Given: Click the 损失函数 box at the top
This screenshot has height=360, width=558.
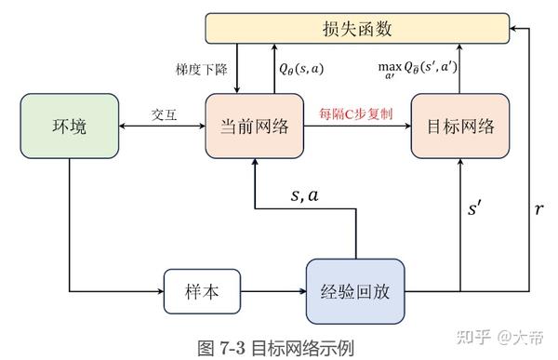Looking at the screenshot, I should pyautogui.click(x=356, y=29).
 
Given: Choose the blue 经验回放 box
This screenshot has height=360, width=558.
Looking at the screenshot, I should pyautogui.click(x=357, y=290).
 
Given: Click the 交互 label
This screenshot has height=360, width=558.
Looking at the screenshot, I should pyautogui.click(x=165, y=116).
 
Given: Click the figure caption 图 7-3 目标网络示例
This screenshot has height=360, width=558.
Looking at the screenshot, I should pyautogui.click(x=276, y=347).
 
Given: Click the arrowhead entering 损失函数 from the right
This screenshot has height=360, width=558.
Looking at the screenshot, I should pyautogui.click(x=514, y=29).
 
